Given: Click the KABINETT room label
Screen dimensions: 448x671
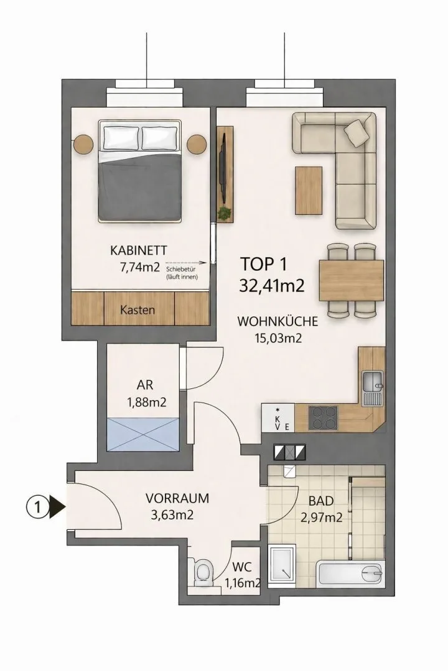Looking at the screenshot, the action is click(139, 250).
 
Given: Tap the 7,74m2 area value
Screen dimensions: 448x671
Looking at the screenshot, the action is click(140, 267).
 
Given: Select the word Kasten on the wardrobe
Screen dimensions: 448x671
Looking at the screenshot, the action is click(138, 309).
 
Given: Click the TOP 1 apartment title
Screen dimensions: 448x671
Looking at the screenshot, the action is click(263, 264).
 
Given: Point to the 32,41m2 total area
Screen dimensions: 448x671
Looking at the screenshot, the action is click(271, 285).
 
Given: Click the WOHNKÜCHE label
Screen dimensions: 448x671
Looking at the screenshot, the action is click(278, 321).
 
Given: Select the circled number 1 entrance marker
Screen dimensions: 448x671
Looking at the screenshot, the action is click(38, 508).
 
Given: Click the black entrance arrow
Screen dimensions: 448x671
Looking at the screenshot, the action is click(57, 508).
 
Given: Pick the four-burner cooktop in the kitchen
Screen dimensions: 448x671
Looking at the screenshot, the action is click(323, 418).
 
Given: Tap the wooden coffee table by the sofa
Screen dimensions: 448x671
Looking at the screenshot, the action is click(308, 191).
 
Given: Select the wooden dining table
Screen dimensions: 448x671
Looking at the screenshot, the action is click(351, 280).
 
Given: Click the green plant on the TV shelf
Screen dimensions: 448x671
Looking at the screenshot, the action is click(224, 212).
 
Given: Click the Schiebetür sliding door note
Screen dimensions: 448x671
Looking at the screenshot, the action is click(180, 273).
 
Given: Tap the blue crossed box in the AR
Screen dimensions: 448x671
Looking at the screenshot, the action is click(142, 434).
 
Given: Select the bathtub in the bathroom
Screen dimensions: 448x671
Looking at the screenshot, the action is click(350, 574).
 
